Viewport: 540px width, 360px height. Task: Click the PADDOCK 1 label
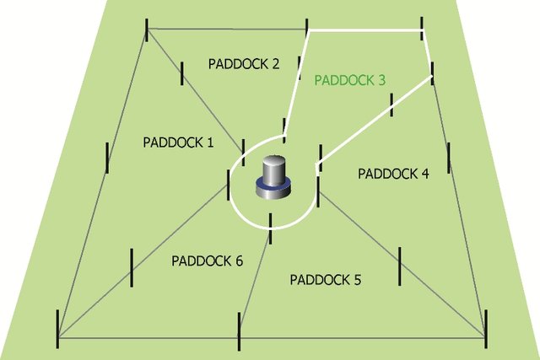click(178, 142)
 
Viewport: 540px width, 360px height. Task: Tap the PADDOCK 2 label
click(244, 64)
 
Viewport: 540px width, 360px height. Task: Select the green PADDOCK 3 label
click(349, 80)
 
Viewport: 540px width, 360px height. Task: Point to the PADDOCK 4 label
click(393, 174)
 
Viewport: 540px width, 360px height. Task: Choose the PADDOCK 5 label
click(326, 280)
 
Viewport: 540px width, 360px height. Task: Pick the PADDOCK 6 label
click(207, 261)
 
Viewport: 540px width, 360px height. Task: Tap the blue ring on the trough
click(273, 185)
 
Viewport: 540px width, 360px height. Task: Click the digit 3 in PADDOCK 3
click(381, 80)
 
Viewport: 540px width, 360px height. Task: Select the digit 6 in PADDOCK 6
click(239, 261)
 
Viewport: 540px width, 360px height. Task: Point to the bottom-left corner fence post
click(57, 329)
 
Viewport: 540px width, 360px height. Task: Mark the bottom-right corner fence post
click(486, 329)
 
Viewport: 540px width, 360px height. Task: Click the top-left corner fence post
click(147, 30)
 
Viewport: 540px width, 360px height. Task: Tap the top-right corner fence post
click(422, 28)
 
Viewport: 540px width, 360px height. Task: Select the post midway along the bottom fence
click(239, 332)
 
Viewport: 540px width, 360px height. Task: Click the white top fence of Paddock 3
click(365, 30)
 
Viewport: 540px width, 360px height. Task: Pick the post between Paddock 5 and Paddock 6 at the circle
click(271, 228)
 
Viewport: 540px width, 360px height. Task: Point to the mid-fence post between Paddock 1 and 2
click(182, 73)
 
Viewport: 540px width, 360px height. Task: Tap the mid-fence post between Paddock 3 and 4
click(391, 105)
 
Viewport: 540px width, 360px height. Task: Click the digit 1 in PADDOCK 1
click(210, 142)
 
